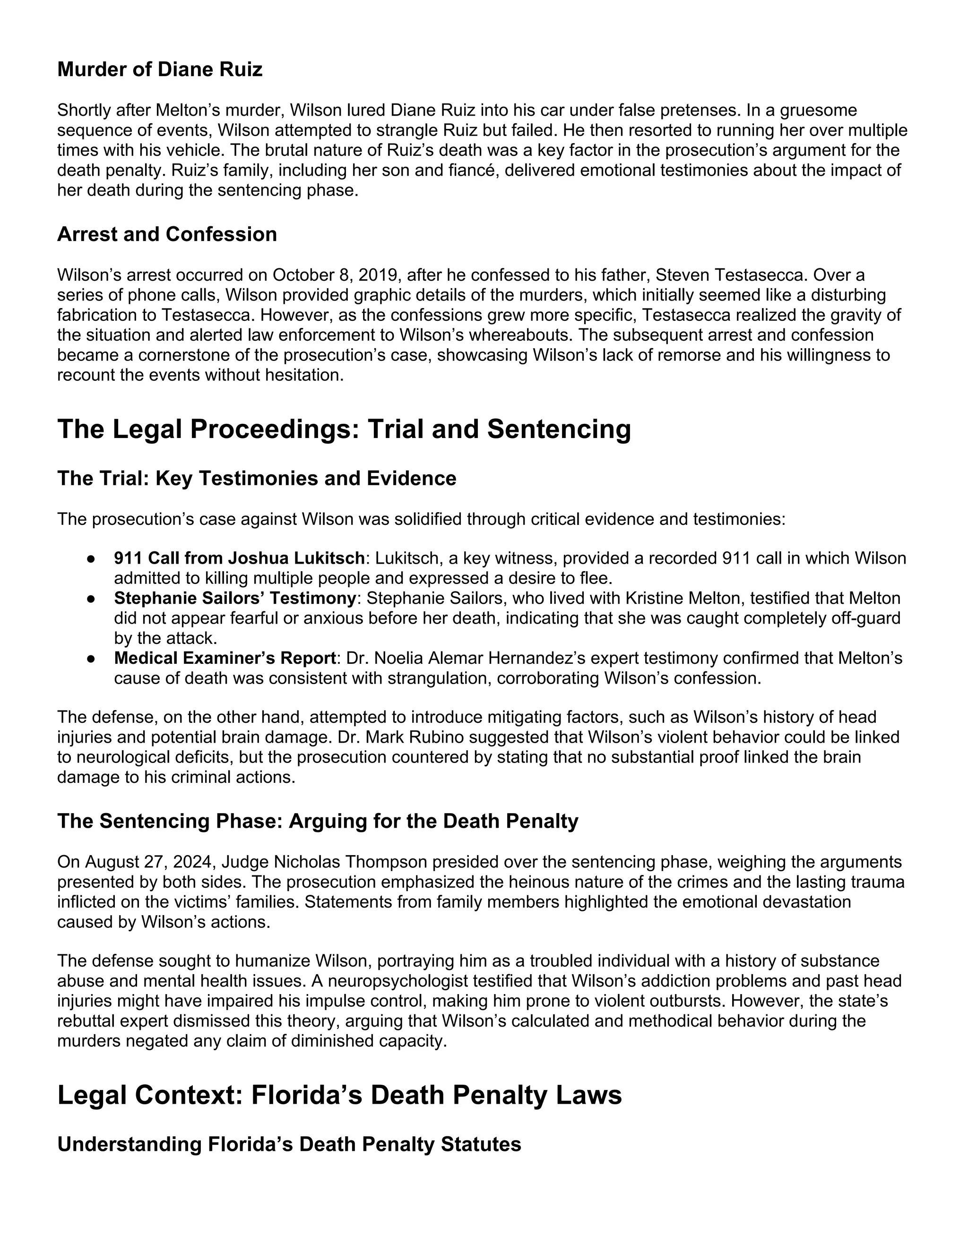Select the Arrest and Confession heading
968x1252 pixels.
[x=167, y=234]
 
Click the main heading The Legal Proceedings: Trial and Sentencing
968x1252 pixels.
[x=344, y=429]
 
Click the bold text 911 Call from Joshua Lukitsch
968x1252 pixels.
[x=239, y=558]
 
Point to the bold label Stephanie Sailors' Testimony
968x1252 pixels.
[x=235, y=598]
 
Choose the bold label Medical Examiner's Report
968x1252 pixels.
[x=225, y=658]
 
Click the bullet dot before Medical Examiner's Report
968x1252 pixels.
[x=91, y=659]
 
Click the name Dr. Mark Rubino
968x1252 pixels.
[x=398, y=737]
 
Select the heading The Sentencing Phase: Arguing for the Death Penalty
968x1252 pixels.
[x=318, y=821]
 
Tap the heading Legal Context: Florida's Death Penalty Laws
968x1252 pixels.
[x=339, y=1095]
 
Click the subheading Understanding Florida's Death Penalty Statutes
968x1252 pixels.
[x=289, y=1144]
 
